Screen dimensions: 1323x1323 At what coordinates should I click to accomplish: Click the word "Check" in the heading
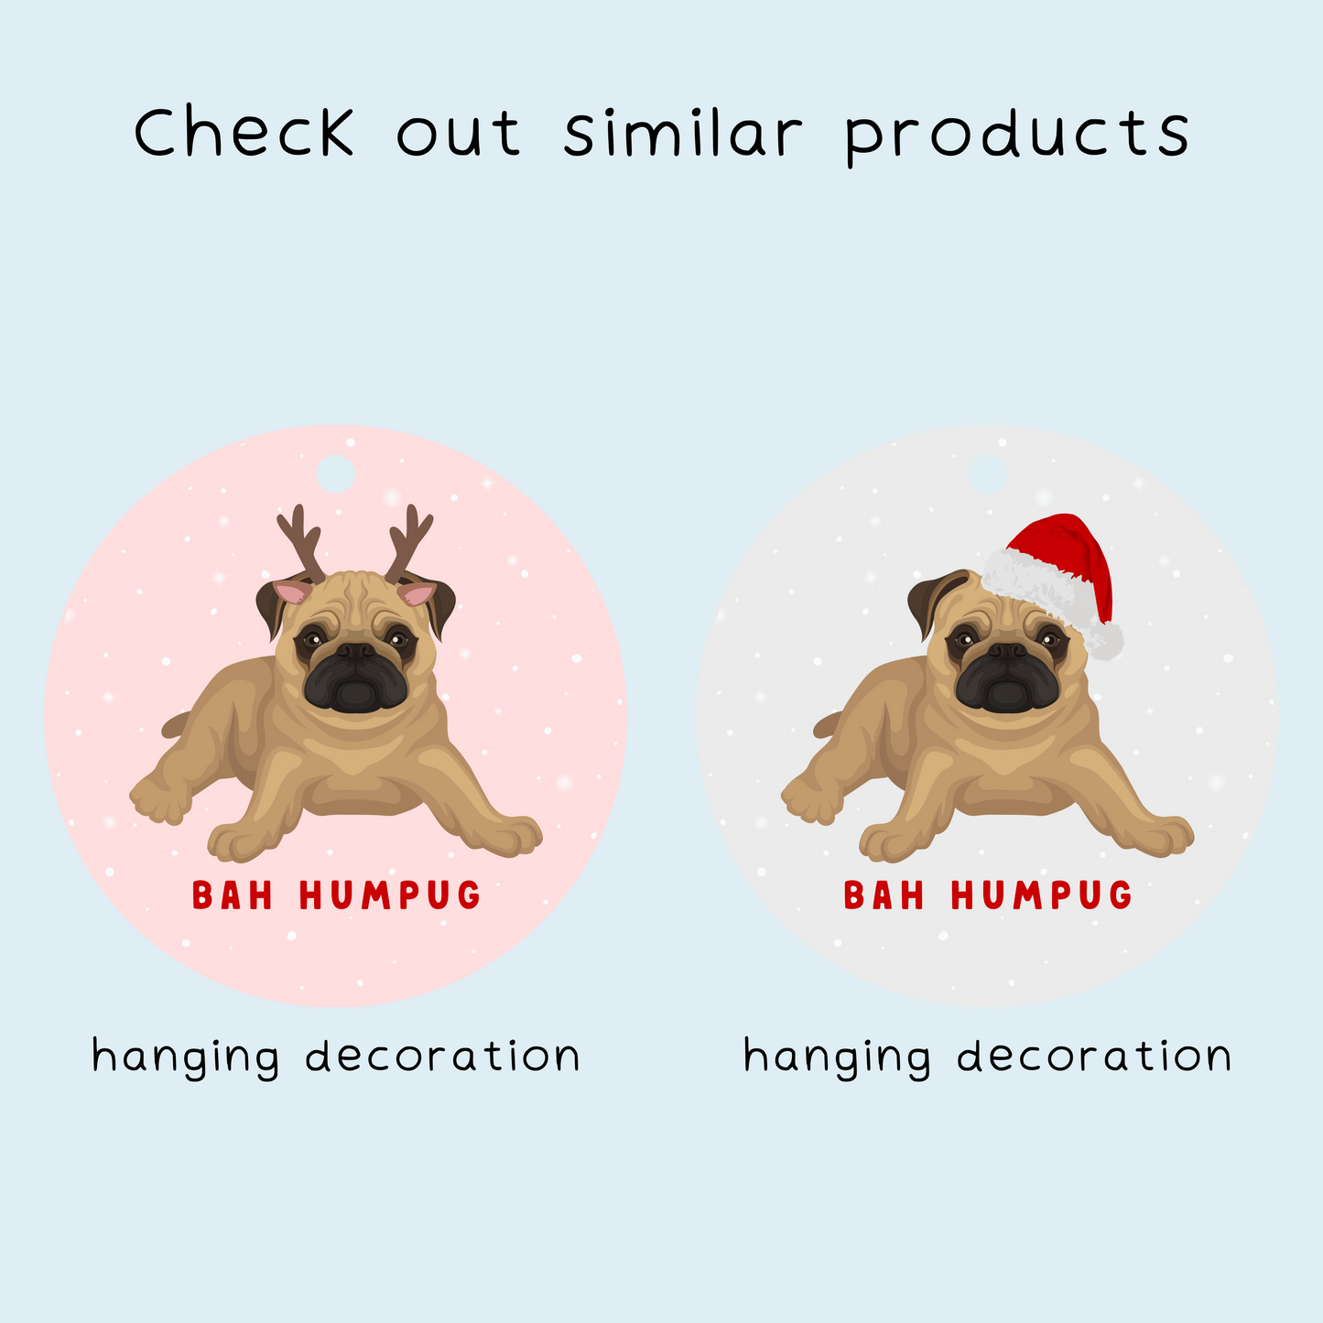pos(244,131)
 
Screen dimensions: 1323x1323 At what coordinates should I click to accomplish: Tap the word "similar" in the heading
pos(683,131)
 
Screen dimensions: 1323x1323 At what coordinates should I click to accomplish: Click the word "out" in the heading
pos(458,134)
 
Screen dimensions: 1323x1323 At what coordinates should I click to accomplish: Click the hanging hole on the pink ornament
pos(335,473)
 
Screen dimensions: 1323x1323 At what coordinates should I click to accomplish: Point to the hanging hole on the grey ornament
pos(987,473)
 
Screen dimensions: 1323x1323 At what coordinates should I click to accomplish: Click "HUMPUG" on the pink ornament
pos(390,895)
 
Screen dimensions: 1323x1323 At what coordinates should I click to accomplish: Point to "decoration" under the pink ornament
pos(443,1055)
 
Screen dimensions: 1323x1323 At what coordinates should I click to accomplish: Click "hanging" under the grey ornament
pos(837,1058)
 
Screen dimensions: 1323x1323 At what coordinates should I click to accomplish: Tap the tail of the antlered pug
pos(176,724)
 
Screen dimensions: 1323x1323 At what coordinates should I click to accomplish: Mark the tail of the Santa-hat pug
pos(828,724)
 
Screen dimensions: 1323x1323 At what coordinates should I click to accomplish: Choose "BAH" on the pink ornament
pos(232,895)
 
